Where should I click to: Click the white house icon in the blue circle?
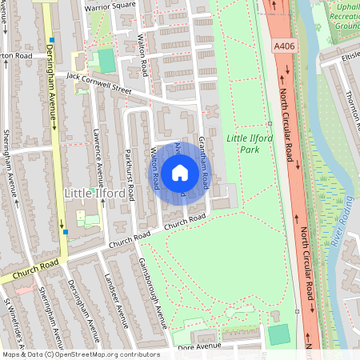180,172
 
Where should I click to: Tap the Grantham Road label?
203,156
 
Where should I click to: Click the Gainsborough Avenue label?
151,289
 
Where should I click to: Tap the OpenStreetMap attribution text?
81,354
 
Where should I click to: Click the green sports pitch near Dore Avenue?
279,334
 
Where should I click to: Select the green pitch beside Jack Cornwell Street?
106,60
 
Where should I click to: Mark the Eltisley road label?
350,57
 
